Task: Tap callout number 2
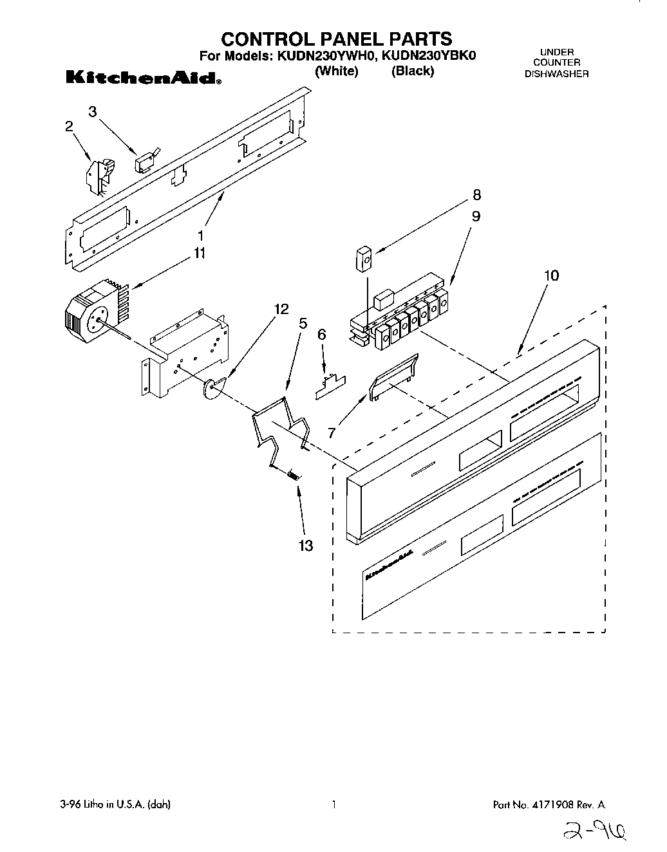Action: coord(69,127)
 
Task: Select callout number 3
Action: coord(93,112)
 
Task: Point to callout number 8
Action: coord(476,195)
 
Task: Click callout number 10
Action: coord(551,275)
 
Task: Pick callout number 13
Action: coord(306,546)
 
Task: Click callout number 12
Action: coord(281,309)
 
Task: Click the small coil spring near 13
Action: coord(294,476)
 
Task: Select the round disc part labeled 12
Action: coord(213,388)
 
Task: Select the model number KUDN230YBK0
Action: coord(429,56)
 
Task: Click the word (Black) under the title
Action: coord(413,71)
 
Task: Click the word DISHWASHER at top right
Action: coord(556,73)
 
